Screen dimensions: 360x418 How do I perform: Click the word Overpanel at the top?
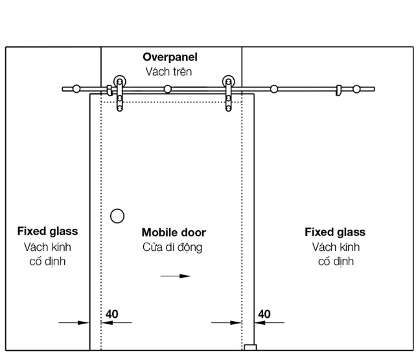171,57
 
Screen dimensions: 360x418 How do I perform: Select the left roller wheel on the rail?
120,82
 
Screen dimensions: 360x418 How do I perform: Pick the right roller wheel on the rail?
228,82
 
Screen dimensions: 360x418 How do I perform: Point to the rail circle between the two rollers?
168,88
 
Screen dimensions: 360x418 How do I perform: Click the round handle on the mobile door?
117,216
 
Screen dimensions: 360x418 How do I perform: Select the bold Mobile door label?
174,232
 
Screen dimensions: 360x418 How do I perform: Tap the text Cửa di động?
172,247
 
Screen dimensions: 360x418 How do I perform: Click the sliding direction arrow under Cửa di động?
176,276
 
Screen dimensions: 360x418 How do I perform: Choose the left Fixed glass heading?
47,232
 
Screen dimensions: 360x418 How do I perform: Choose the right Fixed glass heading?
334,232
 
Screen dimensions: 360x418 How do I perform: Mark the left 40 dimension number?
111,314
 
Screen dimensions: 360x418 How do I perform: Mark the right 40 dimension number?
264,314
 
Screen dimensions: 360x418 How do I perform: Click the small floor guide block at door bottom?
250,348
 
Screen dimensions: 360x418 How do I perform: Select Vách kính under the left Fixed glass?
47,247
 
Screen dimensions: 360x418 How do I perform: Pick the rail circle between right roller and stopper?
274,88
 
